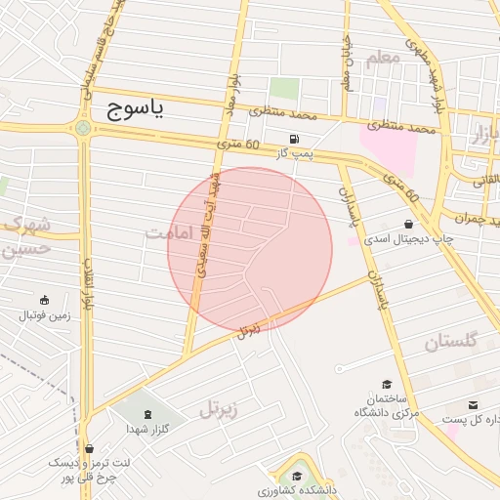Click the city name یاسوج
point(128,107)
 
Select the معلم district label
point(383,60)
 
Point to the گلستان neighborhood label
point(450,341)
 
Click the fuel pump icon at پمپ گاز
point(295,138)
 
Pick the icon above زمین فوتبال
point(44,300)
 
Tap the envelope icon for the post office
point(474,405)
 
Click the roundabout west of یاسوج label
point(83,127)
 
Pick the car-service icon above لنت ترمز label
point(88,448)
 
